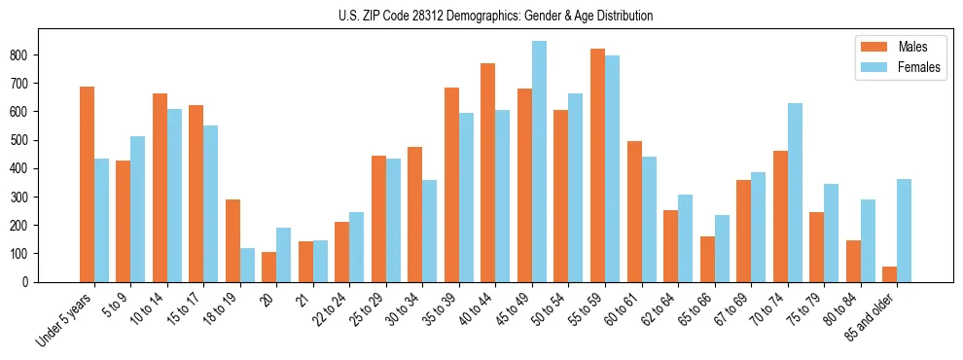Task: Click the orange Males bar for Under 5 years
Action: pos(87,184)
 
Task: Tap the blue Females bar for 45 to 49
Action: pos(539,162)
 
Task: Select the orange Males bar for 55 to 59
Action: pos(597,165)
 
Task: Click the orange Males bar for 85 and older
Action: pos(889,274)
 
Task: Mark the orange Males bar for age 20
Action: pos(269,267)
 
